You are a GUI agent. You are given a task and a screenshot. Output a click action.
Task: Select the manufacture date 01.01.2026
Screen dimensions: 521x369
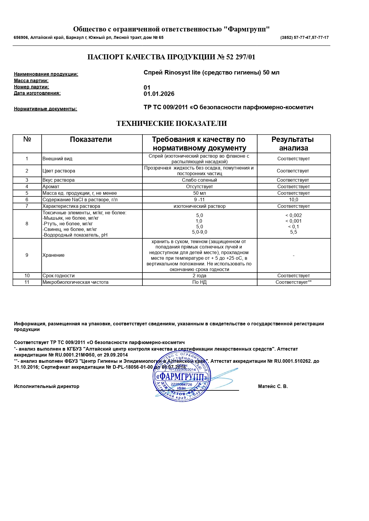click(159, 94)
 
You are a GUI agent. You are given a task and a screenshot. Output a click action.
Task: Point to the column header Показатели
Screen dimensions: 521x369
click(91, 140)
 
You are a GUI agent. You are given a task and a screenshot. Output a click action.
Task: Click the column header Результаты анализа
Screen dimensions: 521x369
click(293, 144)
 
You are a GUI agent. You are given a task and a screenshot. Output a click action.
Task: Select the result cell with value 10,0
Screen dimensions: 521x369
click(293, 200)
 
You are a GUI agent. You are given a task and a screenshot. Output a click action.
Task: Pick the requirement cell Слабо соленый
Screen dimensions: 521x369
click(199, 180)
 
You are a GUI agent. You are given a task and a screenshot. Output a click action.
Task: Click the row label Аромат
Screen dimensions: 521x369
click(51, 187)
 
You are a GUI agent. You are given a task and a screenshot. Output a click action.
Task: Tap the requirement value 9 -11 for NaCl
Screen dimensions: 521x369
click(199, 200)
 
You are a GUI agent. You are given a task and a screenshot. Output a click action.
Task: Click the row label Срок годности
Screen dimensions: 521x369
click(59, 276)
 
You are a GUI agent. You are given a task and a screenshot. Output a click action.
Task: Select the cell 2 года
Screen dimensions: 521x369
click(199, 276)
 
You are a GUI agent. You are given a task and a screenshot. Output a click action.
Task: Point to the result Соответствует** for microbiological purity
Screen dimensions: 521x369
click(293, 282)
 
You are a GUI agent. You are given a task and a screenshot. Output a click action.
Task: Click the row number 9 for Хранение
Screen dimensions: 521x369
click(27, 255)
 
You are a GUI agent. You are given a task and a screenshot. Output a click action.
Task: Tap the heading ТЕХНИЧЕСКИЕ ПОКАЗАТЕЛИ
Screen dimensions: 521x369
click(172, 123)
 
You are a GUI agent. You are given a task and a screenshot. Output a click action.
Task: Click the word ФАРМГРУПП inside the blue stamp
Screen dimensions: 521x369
click(181, 377)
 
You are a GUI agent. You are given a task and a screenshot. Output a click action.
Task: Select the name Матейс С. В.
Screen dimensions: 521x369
click(273, 387)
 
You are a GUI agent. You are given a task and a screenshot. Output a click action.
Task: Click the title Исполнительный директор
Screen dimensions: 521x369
click(47, 387)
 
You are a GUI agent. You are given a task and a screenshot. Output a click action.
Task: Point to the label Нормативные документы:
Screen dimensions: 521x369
click(45, 109)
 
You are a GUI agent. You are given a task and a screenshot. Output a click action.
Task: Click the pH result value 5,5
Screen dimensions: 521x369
click(293, 232)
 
